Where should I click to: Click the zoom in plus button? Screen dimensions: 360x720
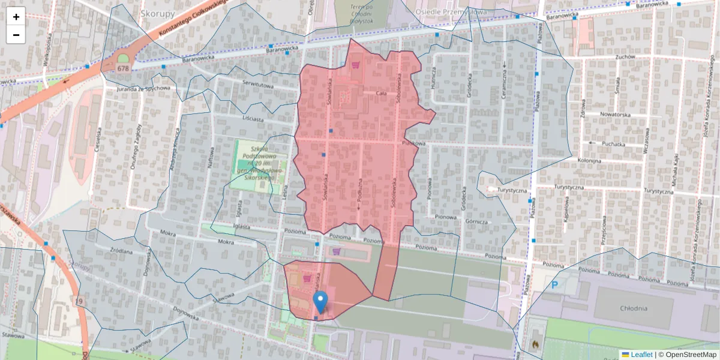click(x=16, y=17)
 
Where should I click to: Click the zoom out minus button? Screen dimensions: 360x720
click(x=16, y=35)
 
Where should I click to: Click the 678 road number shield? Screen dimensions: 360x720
click(x=123, y=68)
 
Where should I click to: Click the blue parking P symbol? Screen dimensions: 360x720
click(x=555, y=286)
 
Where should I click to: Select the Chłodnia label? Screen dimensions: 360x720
click(x=634, y=308)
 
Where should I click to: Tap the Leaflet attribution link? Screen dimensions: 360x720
click(x=641, y=355)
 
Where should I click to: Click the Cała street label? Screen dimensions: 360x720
click(x=380, y=94)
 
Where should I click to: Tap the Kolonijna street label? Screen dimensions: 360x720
click(x=589, y=161)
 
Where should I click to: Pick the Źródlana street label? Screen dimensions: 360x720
click(x=121, y=252)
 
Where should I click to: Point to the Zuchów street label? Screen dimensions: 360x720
click(x=625, y=57)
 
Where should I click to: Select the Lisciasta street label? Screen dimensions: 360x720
click(x=253, y=119)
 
